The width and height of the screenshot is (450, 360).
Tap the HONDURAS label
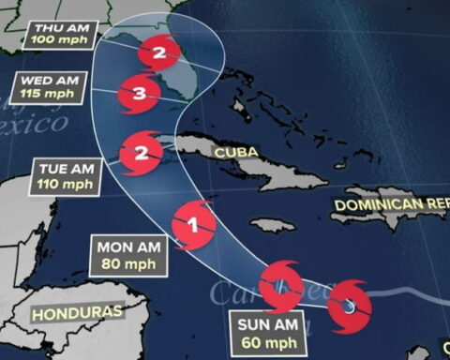coord(78,311)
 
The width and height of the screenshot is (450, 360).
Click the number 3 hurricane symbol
coord(139,94)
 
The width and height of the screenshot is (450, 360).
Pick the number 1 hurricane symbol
coord(194,225)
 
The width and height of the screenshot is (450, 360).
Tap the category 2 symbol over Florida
coord(158,53)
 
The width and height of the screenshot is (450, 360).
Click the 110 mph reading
coord(66,184)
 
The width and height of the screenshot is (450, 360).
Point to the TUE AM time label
coord(66,168)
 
